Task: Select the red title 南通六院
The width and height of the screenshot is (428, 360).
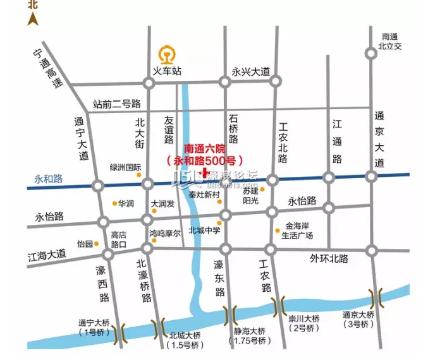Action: click(204, 148)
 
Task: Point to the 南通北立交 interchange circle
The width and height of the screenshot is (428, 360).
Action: click(371, 54)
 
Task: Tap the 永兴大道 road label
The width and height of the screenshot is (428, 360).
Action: click(250, 71)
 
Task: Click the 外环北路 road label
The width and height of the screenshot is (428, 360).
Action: click(329, 258)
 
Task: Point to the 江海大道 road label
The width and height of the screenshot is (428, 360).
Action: click(47, 255)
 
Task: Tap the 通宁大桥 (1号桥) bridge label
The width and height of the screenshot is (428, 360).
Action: click(94, 327)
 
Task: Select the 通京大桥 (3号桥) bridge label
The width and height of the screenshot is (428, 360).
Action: click(358, 320)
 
